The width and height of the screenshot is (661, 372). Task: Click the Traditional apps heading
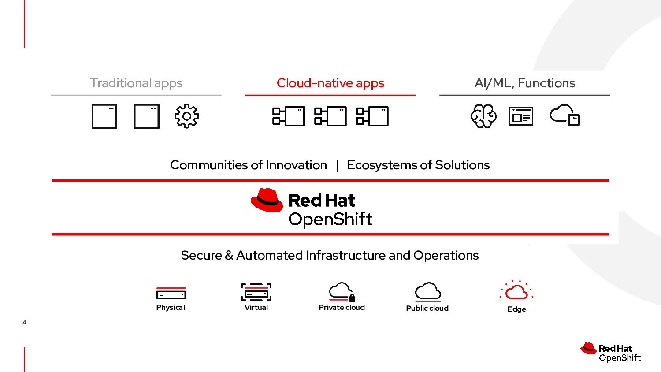coord(136,83)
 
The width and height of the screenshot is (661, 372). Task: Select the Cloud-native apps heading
coord(330,83)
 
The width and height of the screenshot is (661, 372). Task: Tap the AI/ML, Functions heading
coord(525,83)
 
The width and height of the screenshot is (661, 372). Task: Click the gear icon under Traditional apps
coord(186,116)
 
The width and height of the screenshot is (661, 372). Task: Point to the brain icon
coord(483,116)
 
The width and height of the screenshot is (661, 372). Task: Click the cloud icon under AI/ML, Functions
coord(564,115)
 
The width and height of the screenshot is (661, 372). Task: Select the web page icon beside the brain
coord(521,116)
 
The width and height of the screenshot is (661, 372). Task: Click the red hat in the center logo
coord(267,201)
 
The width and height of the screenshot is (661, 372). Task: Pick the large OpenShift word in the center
coord(330,219)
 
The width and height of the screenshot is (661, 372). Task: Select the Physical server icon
coord(171,294)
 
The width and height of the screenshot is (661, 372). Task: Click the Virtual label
coord(256,308)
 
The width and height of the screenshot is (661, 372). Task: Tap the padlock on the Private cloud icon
coord(352,298)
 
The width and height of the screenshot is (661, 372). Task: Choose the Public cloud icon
coord(427,291)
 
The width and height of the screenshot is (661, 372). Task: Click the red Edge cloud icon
coord(516,291)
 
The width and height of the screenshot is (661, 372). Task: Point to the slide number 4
coord(24,323)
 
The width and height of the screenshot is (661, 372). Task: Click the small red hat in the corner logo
coord(588,349)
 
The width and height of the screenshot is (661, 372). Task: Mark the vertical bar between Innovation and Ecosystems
coord(337,166)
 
